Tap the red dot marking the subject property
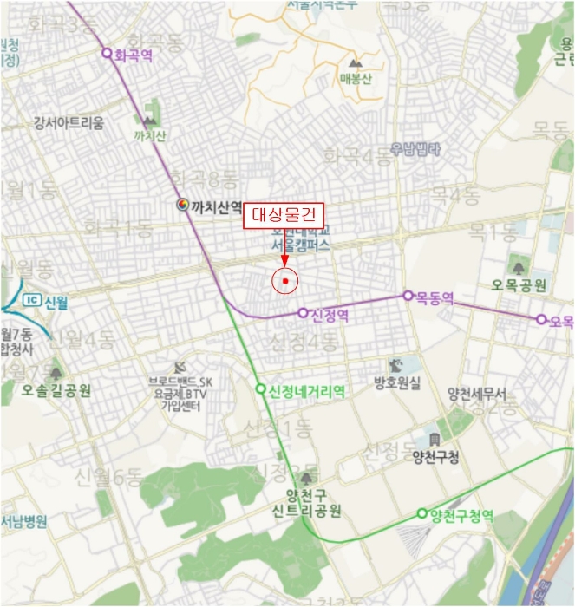pos(284,281)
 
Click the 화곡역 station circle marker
pos(108,53)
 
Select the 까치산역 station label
pos(215,206)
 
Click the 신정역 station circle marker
pos(303,313)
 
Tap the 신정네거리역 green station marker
pos(260,389)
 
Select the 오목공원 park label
pos(519,284)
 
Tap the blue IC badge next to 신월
pos(32,301)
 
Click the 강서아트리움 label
pos(69,122)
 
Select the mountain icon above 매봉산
pos(354,63)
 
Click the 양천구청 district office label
pos(435,457)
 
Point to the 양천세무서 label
pos(477,393)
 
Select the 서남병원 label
pos(23,522)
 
